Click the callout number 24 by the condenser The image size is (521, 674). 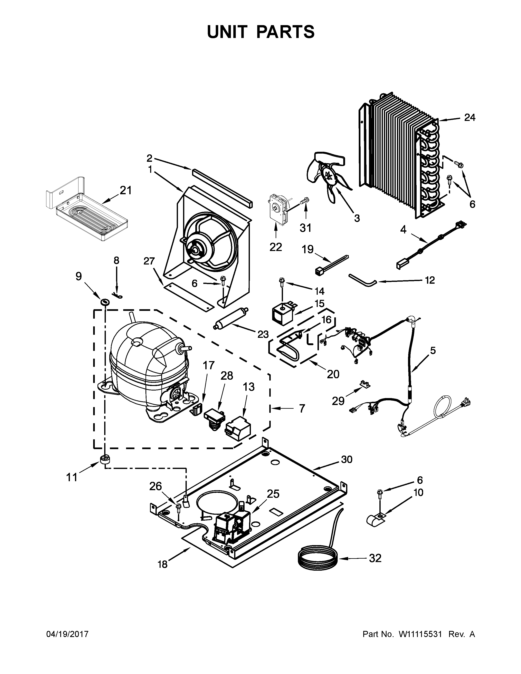click(470, 118)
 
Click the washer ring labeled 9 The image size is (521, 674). click(105, 301)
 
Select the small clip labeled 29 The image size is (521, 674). click(365, 384)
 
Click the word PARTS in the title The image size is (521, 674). click(285, 32)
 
